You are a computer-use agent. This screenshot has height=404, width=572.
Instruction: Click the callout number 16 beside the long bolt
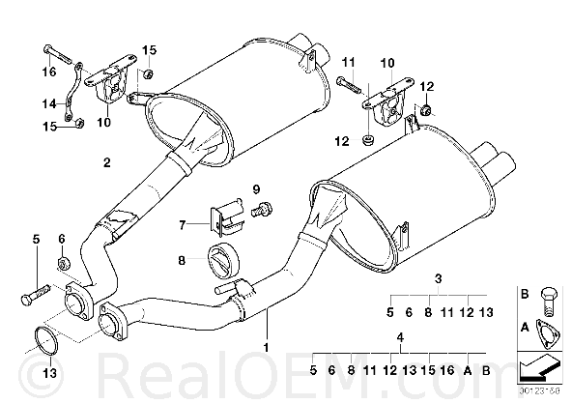(49, 72)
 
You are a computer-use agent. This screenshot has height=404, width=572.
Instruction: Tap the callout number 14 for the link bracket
(49, 104)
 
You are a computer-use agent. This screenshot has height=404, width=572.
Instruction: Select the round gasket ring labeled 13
(46, 341)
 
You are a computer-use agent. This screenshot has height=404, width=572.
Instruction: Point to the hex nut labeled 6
(64, 262)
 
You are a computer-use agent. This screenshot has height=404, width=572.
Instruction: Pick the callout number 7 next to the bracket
(183, 225)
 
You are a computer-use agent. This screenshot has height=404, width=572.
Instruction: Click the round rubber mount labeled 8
(223, 259)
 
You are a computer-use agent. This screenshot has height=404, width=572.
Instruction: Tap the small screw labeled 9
(262, 210)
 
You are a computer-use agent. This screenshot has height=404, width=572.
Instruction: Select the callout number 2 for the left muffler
(106, 162)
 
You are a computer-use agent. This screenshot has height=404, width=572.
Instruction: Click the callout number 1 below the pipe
(267, 347)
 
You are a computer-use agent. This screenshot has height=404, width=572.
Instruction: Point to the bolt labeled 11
(350, 85)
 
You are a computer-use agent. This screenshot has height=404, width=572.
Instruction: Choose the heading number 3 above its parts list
(438, 279)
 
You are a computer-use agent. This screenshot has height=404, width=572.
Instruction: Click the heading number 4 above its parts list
(401, 337)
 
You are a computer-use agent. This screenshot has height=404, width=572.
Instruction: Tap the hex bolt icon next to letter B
(548, 302)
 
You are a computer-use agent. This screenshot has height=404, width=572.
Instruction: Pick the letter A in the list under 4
(468, 370)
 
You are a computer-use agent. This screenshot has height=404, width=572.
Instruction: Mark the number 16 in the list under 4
(447, 370)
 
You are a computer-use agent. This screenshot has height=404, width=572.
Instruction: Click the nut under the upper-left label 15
(148, 74)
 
